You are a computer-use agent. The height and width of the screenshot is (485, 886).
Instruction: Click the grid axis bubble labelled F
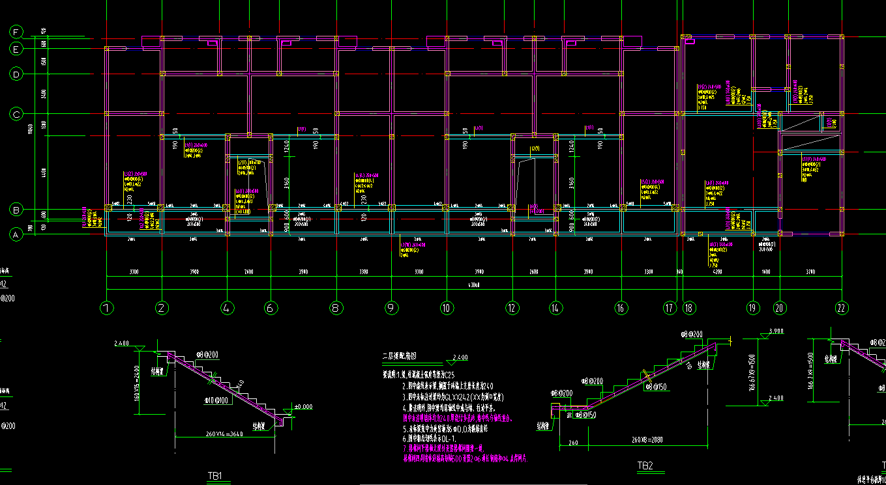click(16, 32)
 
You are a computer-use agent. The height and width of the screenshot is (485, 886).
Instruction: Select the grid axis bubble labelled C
click(16, 115)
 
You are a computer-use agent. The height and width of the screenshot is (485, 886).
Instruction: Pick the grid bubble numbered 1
click(107, 308)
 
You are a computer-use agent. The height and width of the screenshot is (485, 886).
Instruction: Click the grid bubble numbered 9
click(391, 308)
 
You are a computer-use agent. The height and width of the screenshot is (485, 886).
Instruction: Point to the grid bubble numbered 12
click(512, 308)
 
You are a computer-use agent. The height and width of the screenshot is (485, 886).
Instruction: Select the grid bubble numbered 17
click(670, 308)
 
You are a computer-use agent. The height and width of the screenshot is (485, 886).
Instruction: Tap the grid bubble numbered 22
click(842, 308)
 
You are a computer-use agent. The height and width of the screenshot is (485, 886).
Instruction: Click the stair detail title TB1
click(215, 476)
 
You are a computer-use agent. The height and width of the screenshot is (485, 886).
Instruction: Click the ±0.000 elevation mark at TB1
click(303, 407)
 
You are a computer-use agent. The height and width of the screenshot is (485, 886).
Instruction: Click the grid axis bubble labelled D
click(16, 74)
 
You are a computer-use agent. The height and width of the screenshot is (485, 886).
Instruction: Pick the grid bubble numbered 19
click(754, 308)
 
